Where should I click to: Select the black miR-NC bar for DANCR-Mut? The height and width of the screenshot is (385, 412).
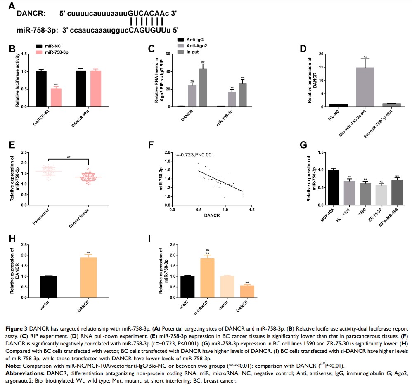coord(81,89)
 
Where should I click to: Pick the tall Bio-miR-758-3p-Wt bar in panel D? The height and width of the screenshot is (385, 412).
coord(365,87)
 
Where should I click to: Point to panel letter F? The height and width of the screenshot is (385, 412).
coord(151,146)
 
